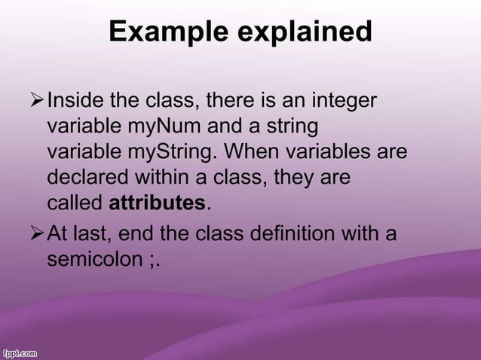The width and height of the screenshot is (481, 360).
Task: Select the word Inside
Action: (73, 101)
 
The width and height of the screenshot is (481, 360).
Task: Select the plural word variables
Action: (341, 152)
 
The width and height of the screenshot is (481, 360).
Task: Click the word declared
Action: (81, 178)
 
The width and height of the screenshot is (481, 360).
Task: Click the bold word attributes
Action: (157, 203)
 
